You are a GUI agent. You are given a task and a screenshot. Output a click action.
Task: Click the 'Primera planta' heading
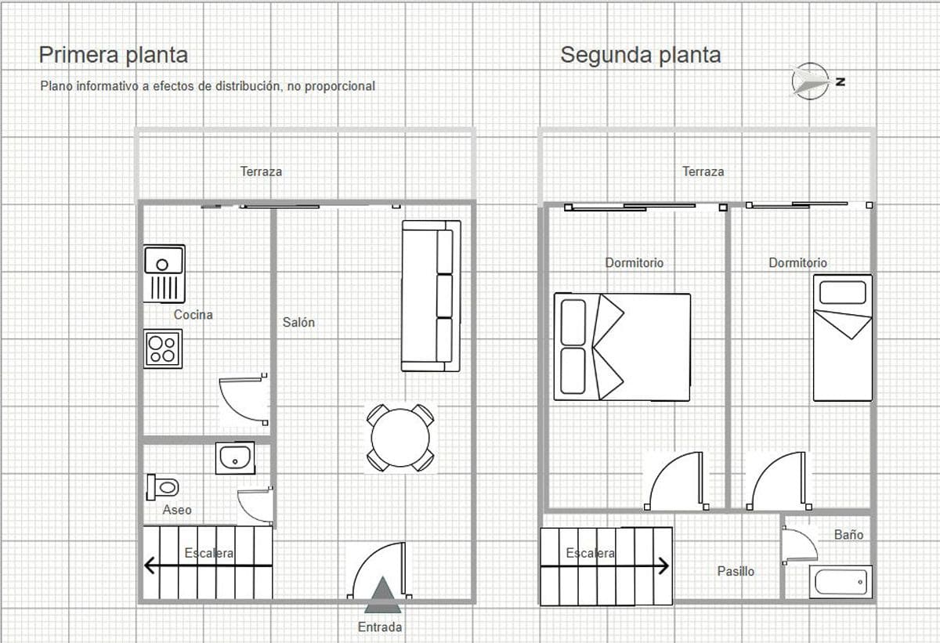114,55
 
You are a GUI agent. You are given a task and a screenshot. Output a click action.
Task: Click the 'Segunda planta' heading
640,55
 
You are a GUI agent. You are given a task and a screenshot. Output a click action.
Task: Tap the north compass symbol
811,81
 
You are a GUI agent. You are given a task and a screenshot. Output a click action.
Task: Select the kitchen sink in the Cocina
164,273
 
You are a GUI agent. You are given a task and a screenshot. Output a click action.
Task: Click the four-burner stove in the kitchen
163,348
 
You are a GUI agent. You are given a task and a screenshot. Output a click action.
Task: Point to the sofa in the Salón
430,295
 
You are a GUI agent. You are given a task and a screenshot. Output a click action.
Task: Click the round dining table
400,438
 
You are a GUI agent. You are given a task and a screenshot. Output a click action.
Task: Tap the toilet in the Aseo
162,487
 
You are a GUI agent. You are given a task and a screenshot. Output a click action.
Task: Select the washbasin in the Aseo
235,458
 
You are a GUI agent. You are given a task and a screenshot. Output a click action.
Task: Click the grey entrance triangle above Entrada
382,596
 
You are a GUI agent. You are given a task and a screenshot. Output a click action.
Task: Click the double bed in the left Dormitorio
622,347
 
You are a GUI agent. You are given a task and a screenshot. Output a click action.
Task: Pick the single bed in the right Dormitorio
842,338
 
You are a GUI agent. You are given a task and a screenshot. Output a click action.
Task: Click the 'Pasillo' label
736,571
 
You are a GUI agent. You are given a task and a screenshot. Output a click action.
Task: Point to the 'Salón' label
298,322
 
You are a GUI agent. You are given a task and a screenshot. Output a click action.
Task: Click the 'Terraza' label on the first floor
261,171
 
